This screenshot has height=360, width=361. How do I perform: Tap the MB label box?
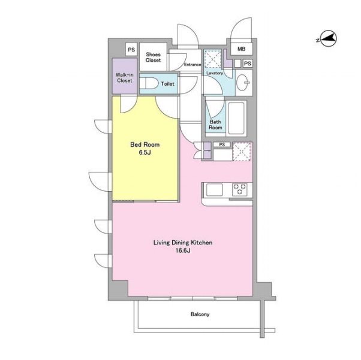pyautogui.click(x=242, y=49)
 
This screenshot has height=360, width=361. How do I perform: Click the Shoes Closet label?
pyautogui.click(x=153, y=58)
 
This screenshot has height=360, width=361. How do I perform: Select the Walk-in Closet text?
pyautogui.click(x=125, y=77)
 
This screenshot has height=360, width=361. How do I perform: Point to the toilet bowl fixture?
pyautogui.click(x=149, y=83)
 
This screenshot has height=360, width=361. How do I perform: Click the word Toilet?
pyautogui.click(x=168, y=84)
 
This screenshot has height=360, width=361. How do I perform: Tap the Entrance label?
pyautogui.click(x=192, y=65)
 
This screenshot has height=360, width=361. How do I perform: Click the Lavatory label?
pyautogui.click(x=215, y=73)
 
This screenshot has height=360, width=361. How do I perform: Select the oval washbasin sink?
pyautogui.click(x=243, y=82)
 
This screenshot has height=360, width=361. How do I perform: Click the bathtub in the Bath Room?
pyautogui.click(x=236, y=118)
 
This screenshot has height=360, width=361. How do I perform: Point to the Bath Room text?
pyautogui.click(x=215, y=125)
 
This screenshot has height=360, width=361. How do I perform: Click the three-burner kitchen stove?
pyautogui.click(x=240, y=189)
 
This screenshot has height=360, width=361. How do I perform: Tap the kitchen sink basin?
pyautogui.click(x=214, y=190)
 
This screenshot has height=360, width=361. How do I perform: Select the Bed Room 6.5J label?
pyautogui.click(x=145, y=149)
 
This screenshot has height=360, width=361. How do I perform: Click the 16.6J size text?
pyautogui.click(x=183, y=251)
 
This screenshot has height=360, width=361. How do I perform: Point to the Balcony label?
pyautogui.click(x=200, y=314)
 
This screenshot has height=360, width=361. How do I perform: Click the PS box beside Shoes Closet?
pyautogui.click(x=131, y=49)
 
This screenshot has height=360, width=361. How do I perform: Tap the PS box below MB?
pyautogui.click(x=248, y=63)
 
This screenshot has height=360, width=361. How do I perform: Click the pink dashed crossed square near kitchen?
pyautogui.click(x=242, y=152)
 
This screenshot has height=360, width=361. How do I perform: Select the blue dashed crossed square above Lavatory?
pyautogui.click(x=213, y=59)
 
